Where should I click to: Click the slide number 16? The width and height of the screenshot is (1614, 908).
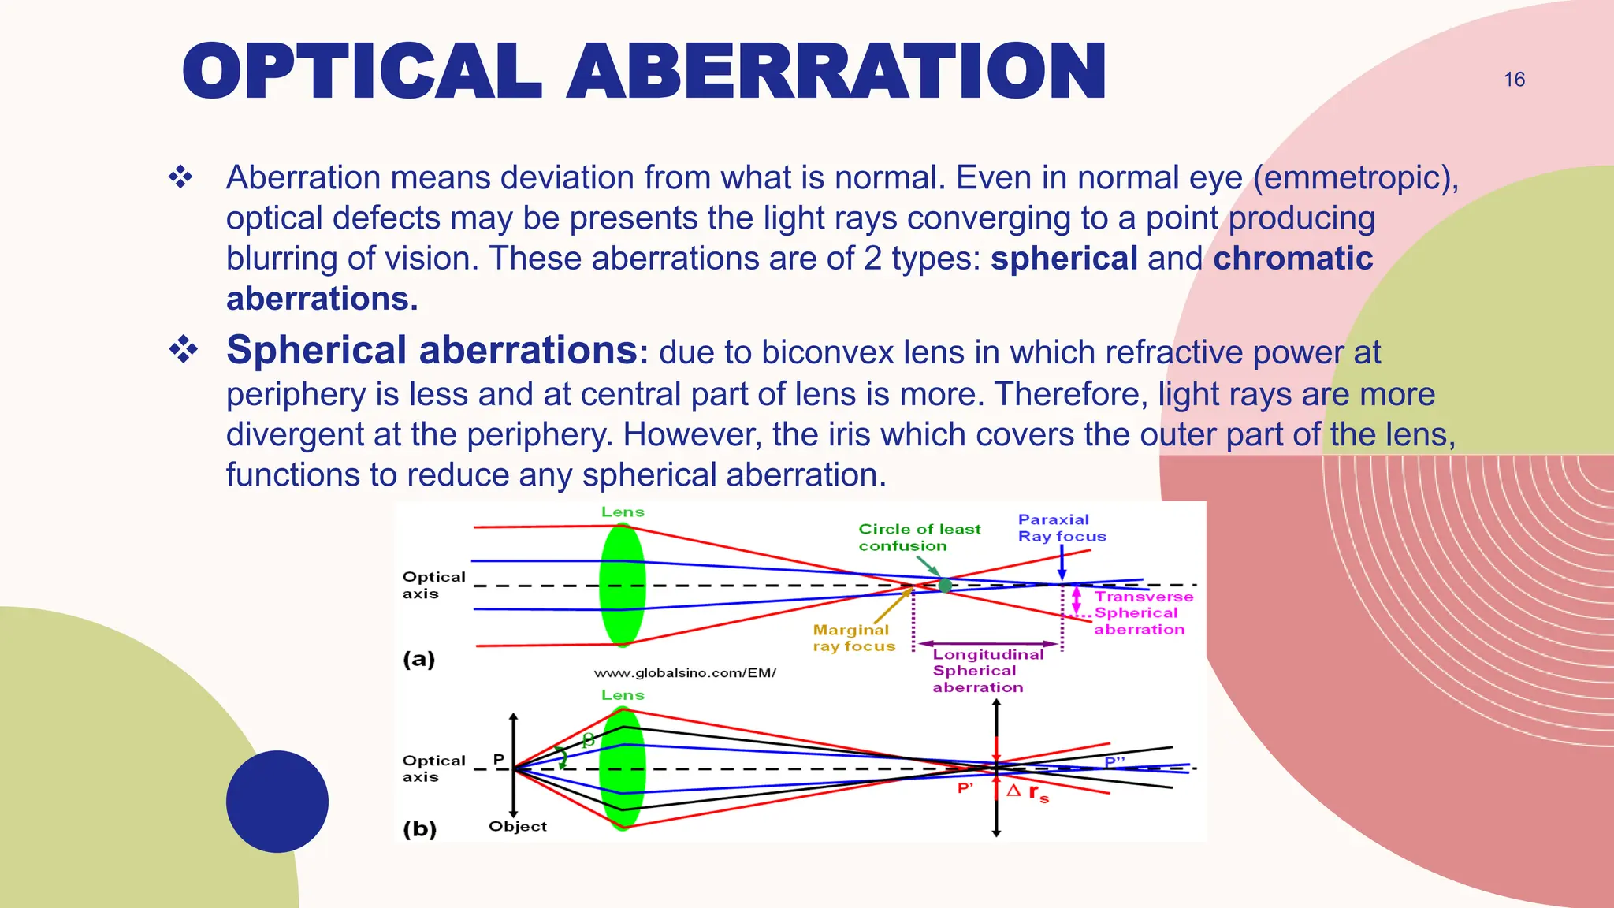coord(1514,80)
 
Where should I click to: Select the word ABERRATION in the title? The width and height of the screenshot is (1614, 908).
coord(836,72)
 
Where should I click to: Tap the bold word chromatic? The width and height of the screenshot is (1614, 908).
coord(1292,259)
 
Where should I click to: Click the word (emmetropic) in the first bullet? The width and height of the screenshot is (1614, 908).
coord(1356,177)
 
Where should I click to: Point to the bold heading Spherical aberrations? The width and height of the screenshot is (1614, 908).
coord(432,351)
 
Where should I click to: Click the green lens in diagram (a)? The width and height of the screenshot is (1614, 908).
coord(623,585)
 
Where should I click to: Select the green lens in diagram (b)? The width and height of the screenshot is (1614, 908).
coord(623,768)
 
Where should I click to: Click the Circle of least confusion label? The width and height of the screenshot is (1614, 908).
coord(919,537)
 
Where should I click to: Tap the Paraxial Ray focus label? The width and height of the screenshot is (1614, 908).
coord(1061,528)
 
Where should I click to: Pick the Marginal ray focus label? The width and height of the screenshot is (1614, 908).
coord(853,638)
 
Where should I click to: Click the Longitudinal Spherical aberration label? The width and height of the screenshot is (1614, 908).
coord(987,671)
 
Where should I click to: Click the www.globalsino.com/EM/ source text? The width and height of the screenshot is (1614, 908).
coord(685,673)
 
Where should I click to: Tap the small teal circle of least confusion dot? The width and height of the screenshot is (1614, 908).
coord(945,585)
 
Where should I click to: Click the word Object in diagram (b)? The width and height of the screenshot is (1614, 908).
coord(517,826)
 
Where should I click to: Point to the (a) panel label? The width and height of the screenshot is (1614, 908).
coord(418,659)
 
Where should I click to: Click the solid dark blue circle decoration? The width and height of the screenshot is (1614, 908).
coord(277,801)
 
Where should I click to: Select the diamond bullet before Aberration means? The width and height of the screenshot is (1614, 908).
coord(180,177)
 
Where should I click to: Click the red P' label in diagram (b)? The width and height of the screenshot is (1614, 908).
coord(965,788)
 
